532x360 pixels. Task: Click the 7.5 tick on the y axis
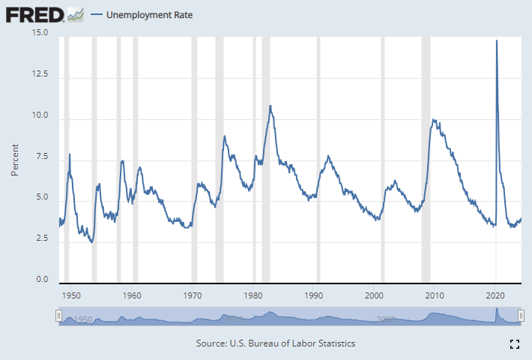42,157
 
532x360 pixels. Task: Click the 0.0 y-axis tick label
42,280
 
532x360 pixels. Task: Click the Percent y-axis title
14,157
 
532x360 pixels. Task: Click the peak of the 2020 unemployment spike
497,40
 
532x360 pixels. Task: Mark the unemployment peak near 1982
270,106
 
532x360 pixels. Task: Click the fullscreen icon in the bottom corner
515,344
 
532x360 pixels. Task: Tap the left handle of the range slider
58,317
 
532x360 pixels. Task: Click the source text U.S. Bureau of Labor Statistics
275,343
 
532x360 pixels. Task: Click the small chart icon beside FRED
75,13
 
